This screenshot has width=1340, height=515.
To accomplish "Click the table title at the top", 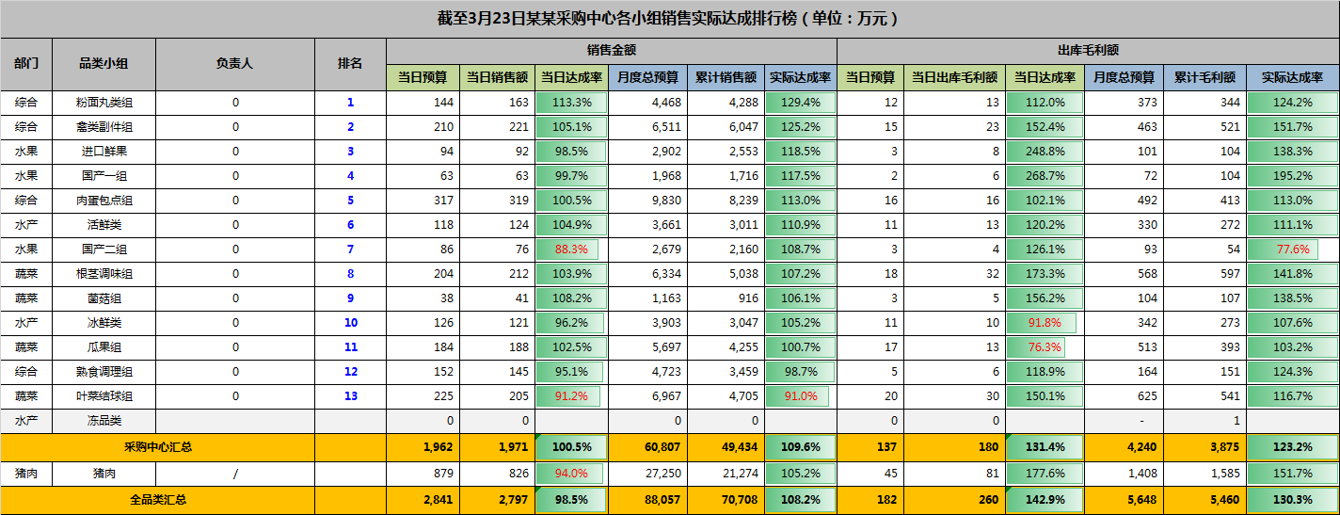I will pos(669,19).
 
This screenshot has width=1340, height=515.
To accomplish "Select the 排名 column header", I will pos(350,64).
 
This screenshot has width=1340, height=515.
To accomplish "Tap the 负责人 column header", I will pos(234,64).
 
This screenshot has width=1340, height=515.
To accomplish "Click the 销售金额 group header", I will pos(611,51).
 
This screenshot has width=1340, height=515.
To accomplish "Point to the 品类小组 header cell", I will pos(104,64).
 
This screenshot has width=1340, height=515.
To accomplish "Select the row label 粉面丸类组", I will pos(104,103).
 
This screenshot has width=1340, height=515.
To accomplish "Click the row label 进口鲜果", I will pos(104,152).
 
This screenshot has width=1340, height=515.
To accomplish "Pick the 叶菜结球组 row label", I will pos(104,396).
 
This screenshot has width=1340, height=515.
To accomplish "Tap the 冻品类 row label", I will pos(104,421).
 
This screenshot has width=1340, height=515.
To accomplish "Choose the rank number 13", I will pos(350,396).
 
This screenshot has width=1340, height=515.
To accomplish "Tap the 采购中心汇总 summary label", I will pos(157,447).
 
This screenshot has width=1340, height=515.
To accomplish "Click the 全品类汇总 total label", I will pos(157,500).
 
